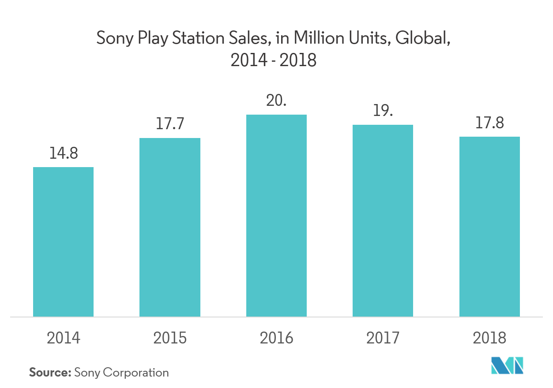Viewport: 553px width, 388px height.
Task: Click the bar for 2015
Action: (170, 227)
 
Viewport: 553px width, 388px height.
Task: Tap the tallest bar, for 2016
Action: (276, 216)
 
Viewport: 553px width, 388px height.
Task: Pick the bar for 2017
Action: (383, 220)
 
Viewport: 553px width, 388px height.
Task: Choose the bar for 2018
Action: (489, 227)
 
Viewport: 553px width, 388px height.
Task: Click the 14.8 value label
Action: (64, 153)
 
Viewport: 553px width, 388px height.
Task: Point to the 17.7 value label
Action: (170, 124)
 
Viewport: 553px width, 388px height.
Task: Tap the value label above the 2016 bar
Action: (276, 101)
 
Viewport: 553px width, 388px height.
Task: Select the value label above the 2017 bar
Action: (383, 111)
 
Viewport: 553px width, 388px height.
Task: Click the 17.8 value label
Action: (489, 123)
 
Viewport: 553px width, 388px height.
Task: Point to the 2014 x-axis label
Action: (64, 338)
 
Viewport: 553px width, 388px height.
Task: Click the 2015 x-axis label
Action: (170, 338)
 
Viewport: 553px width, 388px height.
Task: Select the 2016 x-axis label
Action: (276, 338)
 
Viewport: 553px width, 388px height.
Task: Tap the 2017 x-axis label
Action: (383, 338)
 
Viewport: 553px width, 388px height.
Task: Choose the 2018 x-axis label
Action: (489, 338)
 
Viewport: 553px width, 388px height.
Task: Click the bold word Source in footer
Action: (50, 373)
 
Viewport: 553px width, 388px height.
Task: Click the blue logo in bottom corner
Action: (507, 366)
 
